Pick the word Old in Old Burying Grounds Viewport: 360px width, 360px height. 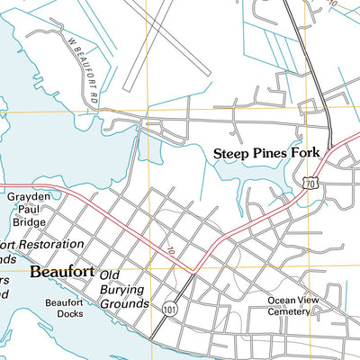click(111, 274)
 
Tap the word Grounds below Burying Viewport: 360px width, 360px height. click(124, 304)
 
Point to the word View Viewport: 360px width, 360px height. click(309, 301)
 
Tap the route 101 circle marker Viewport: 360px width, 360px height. click(170, 310)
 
